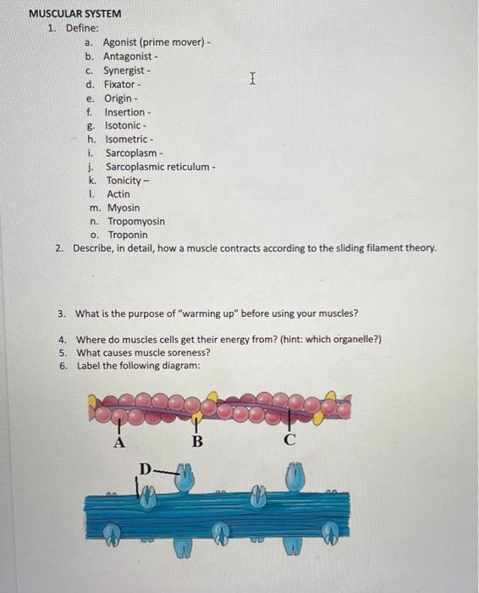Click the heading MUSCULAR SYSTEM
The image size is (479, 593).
coord(75,14)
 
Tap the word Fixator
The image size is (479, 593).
coord(119,85)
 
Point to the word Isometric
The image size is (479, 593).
coord(128,139)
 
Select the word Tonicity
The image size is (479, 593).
coord(125,180)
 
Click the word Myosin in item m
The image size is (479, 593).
coord(124,208)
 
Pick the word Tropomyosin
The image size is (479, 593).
coord(135,221)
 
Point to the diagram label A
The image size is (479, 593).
coord(119,441)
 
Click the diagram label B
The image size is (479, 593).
coord(197,441)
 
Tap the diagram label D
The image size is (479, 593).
coord(145,468)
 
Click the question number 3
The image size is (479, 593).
coord(62,313)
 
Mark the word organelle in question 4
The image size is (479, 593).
coord(356,340)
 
